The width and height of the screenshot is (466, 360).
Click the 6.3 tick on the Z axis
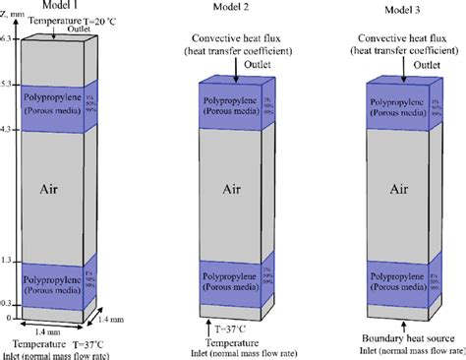tap(9, 38)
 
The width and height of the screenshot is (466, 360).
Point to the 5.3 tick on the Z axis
tap(9, 85)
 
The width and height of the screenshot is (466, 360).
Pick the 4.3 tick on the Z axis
tap(9, 130)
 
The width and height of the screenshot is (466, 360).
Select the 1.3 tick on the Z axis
tap(9, 260)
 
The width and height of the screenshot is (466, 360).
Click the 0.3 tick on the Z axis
tap(9, 304)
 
